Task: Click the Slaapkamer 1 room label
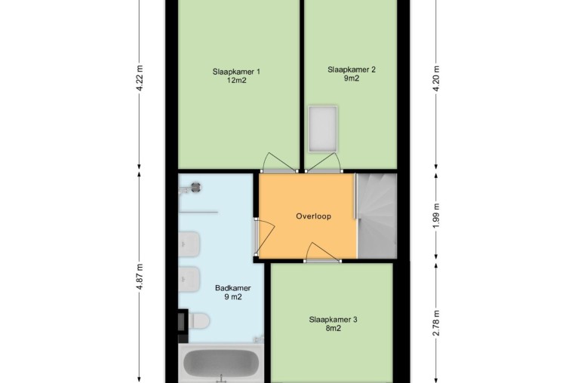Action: [236, 75]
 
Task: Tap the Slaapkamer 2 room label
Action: [352, 74]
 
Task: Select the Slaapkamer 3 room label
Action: [333, 323]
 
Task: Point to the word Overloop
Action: [314, 216]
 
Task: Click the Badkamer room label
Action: [233, 292]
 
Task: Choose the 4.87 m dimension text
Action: [140, 277]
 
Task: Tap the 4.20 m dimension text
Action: [436, 79]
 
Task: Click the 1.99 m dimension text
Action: [436, 216]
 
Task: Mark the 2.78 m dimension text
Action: [436, 323]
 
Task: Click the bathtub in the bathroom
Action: [221, 363]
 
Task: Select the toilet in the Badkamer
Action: [198, 320]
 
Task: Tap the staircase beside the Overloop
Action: [377, 216]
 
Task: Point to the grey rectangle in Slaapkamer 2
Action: [323, 129]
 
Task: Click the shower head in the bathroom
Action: [196, 187]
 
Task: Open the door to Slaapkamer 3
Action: [322, 253]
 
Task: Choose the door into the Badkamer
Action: [264, 237]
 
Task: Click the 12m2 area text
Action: [236, 80]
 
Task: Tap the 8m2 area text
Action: [333, 329]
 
